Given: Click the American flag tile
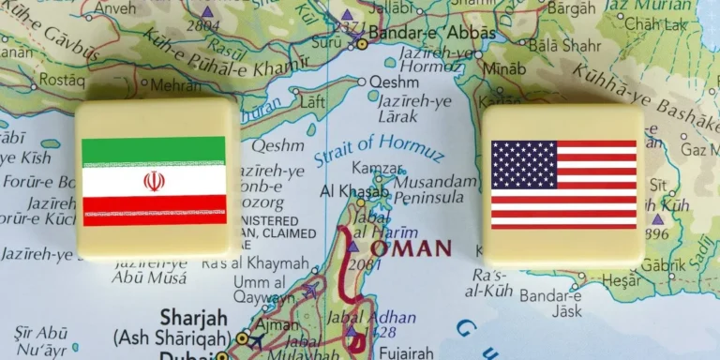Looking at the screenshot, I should (x=562, y=183).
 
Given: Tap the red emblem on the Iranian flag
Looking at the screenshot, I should (x=154, y=180).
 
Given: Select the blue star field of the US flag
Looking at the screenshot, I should (x=523, y=164).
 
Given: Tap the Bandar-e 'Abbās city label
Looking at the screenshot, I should (x=418, y=33).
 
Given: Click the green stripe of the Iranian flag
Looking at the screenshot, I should (x=154, y=150).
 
